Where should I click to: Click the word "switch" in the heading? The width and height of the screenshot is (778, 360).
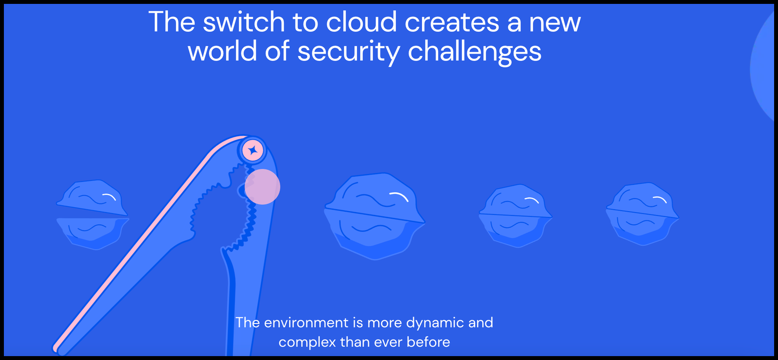[x=244, y=21]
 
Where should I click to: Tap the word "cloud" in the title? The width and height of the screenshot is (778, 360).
[x=361, y=21]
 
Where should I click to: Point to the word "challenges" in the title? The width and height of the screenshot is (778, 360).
[x=475, y=52]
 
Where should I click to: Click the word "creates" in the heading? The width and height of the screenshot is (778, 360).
[x=452, y=22]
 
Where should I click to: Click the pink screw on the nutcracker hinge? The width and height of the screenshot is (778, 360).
[x=252, y=150]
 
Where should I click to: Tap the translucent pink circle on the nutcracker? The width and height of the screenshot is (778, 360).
[x=262, y=187]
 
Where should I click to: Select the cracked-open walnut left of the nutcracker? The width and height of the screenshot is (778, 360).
[x=92, y=215]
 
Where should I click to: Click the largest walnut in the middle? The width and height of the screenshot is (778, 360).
[x=374, y=216]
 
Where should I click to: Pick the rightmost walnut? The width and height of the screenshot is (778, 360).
[x=642, y=214]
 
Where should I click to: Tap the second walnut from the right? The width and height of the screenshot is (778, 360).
[x=515, y=216]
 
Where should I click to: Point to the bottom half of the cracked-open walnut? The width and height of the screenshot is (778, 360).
[x=92, y=234]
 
